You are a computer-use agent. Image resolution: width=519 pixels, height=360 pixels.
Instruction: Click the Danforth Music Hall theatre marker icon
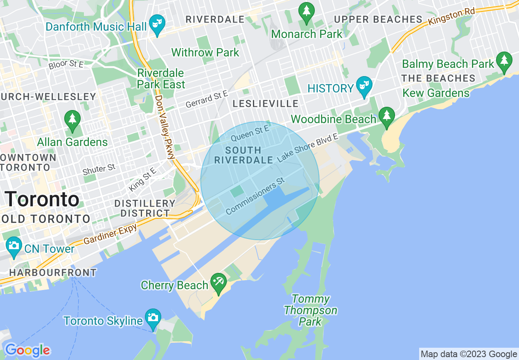(x=156, y=24)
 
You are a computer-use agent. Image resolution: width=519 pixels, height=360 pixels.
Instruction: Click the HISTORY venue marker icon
(x=363, y=86)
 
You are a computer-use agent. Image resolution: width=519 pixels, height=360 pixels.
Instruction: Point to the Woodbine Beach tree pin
(x=386, y=116)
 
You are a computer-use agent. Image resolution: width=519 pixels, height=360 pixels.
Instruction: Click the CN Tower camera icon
(x=14, y=246)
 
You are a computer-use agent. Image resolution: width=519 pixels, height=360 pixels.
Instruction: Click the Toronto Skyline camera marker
(x=153, y=318)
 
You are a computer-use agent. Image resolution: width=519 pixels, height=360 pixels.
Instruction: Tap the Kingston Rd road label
(x=451, y=17)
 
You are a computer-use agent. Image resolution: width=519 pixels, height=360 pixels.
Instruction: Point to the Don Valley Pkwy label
(x=165, y=127)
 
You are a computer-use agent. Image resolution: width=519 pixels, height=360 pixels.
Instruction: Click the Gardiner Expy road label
(x=111, y=235)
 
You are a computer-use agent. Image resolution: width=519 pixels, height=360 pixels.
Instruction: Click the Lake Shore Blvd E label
(x=308, y=147)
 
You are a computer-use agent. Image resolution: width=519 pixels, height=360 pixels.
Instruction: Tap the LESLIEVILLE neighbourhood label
(x=265, y=104)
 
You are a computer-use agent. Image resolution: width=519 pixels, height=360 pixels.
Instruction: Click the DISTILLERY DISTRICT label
(x=145, y=208)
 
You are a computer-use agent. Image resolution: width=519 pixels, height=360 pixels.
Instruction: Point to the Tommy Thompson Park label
(x=310, y=310)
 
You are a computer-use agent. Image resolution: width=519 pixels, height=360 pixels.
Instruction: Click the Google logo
(x=27, y=350)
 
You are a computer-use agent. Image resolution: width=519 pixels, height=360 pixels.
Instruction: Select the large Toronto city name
(x=43, y=200)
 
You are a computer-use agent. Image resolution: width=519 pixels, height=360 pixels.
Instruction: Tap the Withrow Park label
(x=205, y=52)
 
